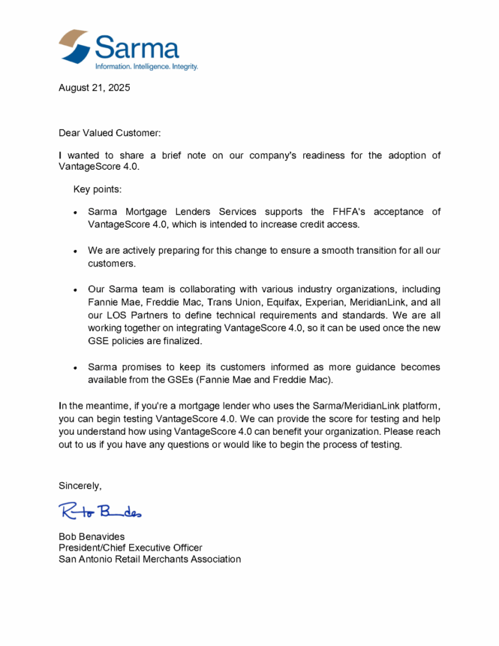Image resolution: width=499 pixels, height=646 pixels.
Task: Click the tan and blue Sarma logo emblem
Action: click(x=76, y=47)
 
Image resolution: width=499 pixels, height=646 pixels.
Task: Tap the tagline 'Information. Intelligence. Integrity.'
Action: click(x=146, y=67)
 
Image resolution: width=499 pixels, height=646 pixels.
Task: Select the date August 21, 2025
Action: click(x=95, y=88)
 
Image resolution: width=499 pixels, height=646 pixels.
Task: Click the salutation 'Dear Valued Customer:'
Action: click(x=110, y=133)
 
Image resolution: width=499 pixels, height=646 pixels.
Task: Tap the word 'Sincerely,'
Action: click(x=80, y=485)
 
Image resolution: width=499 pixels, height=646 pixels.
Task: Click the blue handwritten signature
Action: click(x=100, y=512)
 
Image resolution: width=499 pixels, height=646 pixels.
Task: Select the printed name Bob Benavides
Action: click(x=92, y=536)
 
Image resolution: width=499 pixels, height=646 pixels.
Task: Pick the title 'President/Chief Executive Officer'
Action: click(x=131, y=548)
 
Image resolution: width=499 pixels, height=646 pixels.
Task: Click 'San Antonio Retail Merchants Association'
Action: click(x=150, y=559)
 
